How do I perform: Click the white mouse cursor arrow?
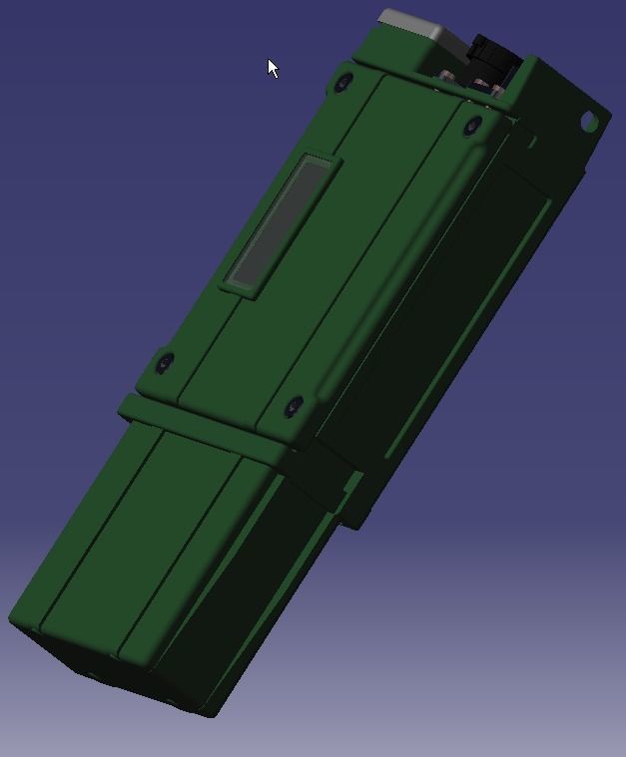[273, 68]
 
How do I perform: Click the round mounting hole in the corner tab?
[589, 122]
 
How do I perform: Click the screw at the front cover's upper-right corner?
[473, 126]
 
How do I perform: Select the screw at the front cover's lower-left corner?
[165, 363]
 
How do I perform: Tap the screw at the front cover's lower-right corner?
[294, 406]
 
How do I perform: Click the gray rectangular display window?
[277, 222]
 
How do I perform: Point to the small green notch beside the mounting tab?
[530, 143]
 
